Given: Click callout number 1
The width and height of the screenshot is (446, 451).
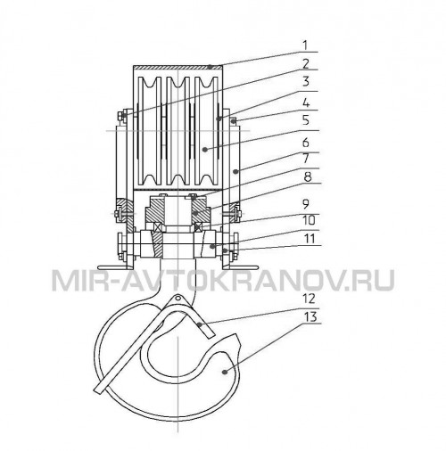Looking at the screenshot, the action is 305,45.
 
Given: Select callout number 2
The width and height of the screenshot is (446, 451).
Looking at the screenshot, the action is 306,63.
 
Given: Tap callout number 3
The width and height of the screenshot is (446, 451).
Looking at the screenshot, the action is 306,81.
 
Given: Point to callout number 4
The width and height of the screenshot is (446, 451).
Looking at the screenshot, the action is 306,103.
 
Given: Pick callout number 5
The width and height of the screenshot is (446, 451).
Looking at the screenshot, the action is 306,121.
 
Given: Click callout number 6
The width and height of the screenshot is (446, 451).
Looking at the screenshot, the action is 306,143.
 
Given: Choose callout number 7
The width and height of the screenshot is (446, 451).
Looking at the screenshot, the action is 306,159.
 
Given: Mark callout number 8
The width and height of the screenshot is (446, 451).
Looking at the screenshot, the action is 307,177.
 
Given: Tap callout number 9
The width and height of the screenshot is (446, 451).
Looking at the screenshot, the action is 306,204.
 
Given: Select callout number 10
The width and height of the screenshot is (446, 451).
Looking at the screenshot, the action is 310,221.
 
